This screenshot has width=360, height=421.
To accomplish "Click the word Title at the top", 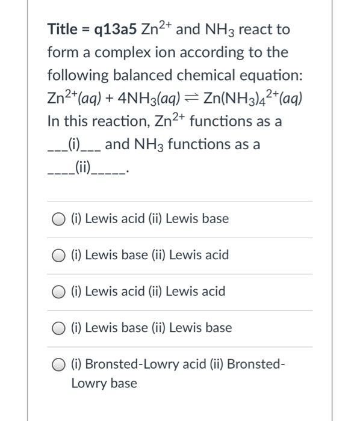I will (63, 29).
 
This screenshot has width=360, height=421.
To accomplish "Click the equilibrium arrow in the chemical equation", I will (193, 99).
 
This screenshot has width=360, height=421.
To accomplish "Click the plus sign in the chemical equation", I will (114, 99).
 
